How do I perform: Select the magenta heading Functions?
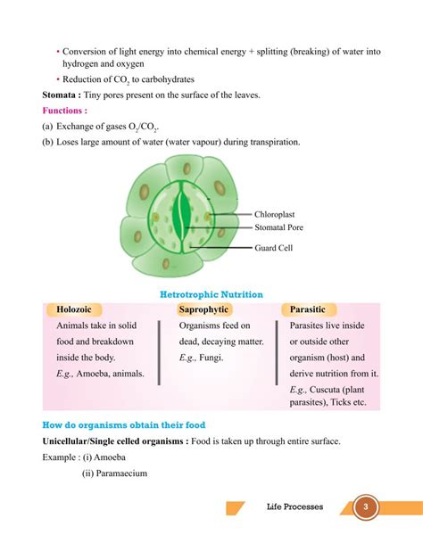[64, 111]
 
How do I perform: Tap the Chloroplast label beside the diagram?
[280, 215]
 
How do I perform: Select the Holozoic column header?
[74, 309]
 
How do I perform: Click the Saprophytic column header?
[204, 309]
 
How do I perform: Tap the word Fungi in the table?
[211, 358]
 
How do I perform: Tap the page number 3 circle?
[363, 508]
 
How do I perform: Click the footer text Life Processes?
[295, 508]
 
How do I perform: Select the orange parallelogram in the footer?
[234, 508]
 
